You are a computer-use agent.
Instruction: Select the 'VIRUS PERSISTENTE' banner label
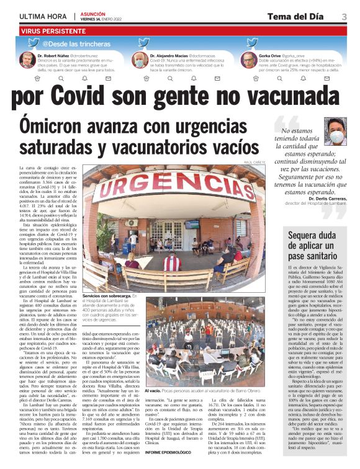click(x=52, y=30)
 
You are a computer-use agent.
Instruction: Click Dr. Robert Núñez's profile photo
click(x=27, y=60)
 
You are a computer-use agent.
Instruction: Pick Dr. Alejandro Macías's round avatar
click(x=140, y=60)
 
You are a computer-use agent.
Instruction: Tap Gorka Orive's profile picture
click(x=249, y=60)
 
